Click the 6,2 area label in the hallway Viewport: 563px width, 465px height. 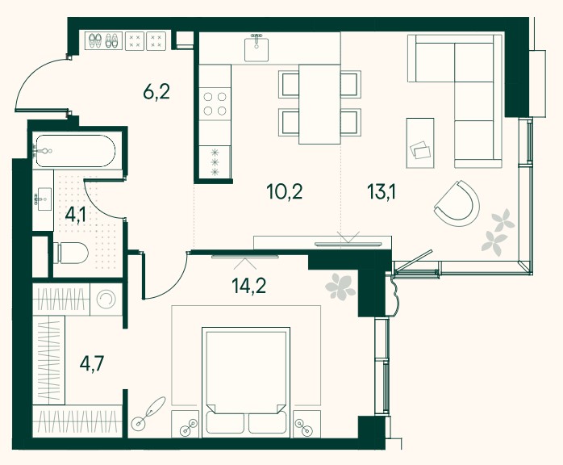(x=156, y=93)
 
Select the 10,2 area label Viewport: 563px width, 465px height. (x=285, y=191)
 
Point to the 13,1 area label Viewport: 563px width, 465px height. (x=382, y=191)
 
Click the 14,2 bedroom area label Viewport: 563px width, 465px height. (x=249, y=286)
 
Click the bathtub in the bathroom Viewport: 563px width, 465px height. (x=74, y=151)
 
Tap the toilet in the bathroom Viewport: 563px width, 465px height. (x=71, y=253)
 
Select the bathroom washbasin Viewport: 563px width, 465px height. (x=43, y=199)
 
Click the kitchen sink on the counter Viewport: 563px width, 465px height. (x=256, y=49)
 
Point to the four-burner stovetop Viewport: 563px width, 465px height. (x=215, y=103)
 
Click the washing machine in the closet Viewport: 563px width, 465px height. (x=106, y=300)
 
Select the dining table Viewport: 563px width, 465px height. (x=319, y=104)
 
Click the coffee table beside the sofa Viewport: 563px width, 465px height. (x=420, y=143)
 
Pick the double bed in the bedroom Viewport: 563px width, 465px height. (x=246, y=383)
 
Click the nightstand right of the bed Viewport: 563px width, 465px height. (x=307, y=424)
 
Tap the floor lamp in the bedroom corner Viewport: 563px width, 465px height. (x=148, y=413)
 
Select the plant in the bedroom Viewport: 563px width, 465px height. (x=340, y=287)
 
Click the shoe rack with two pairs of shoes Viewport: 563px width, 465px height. (x=103, y=40)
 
